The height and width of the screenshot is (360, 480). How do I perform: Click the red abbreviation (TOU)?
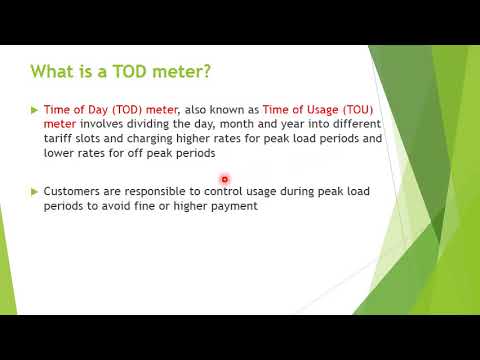coord(359,109)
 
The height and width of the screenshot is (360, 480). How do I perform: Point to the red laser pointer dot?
coord(226,179)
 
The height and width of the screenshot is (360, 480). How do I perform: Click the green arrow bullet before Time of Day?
coord(35,109)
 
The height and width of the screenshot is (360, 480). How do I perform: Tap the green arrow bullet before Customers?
coord(35,190)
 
